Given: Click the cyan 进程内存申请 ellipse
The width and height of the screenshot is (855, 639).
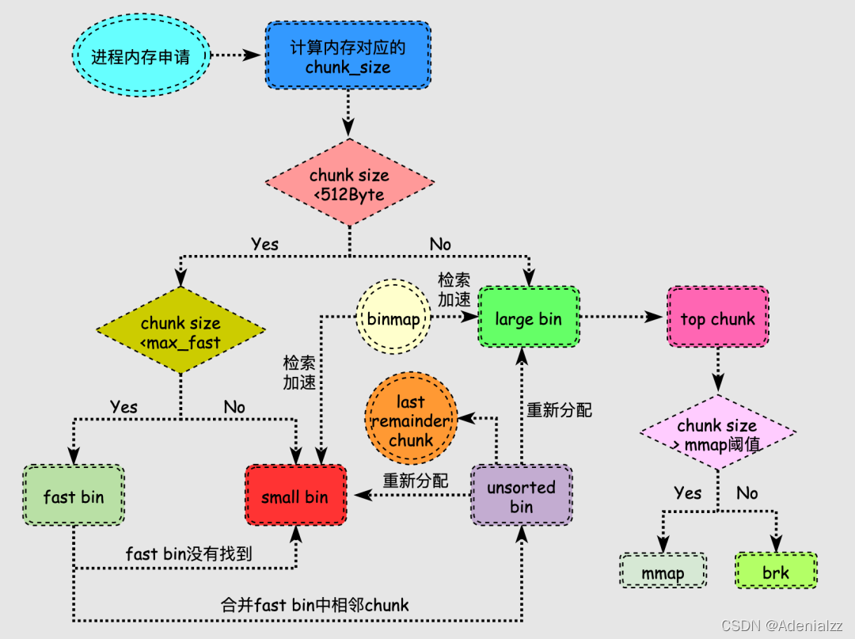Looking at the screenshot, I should (140, 56).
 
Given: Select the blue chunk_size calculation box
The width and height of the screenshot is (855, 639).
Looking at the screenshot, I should (348, 57).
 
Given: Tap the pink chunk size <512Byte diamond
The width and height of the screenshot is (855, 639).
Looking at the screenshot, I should (349, 185).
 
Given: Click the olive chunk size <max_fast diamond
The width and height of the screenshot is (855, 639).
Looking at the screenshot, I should (180, 332).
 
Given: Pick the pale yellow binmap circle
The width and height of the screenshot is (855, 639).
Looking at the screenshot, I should (393, 320).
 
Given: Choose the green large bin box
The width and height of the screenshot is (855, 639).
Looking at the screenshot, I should (528, 319).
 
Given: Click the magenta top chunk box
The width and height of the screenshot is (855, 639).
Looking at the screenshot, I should (717, 319).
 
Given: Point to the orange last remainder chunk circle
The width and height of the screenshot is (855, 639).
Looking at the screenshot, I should (410, 421).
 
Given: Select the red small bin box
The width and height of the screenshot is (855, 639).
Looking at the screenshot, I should (295, 497).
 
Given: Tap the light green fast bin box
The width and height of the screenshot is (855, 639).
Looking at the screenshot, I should (74, 497).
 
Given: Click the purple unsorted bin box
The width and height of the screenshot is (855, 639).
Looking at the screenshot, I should (521, 497).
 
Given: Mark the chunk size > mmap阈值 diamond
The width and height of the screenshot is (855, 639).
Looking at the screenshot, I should (717, 435).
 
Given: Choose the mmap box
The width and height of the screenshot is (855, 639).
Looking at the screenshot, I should (663, 572).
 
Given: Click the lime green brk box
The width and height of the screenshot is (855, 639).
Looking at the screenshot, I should (775, 572).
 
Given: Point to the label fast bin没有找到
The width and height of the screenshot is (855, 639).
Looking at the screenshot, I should (188, 553).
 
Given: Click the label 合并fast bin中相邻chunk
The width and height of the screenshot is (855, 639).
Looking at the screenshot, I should (314, 605).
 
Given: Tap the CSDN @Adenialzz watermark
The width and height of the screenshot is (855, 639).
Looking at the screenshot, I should (787, 626).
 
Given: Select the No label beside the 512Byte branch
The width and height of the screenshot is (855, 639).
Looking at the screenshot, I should (440, 244).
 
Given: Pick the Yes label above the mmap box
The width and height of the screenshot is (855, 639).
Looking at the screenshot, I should (687, 493).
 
